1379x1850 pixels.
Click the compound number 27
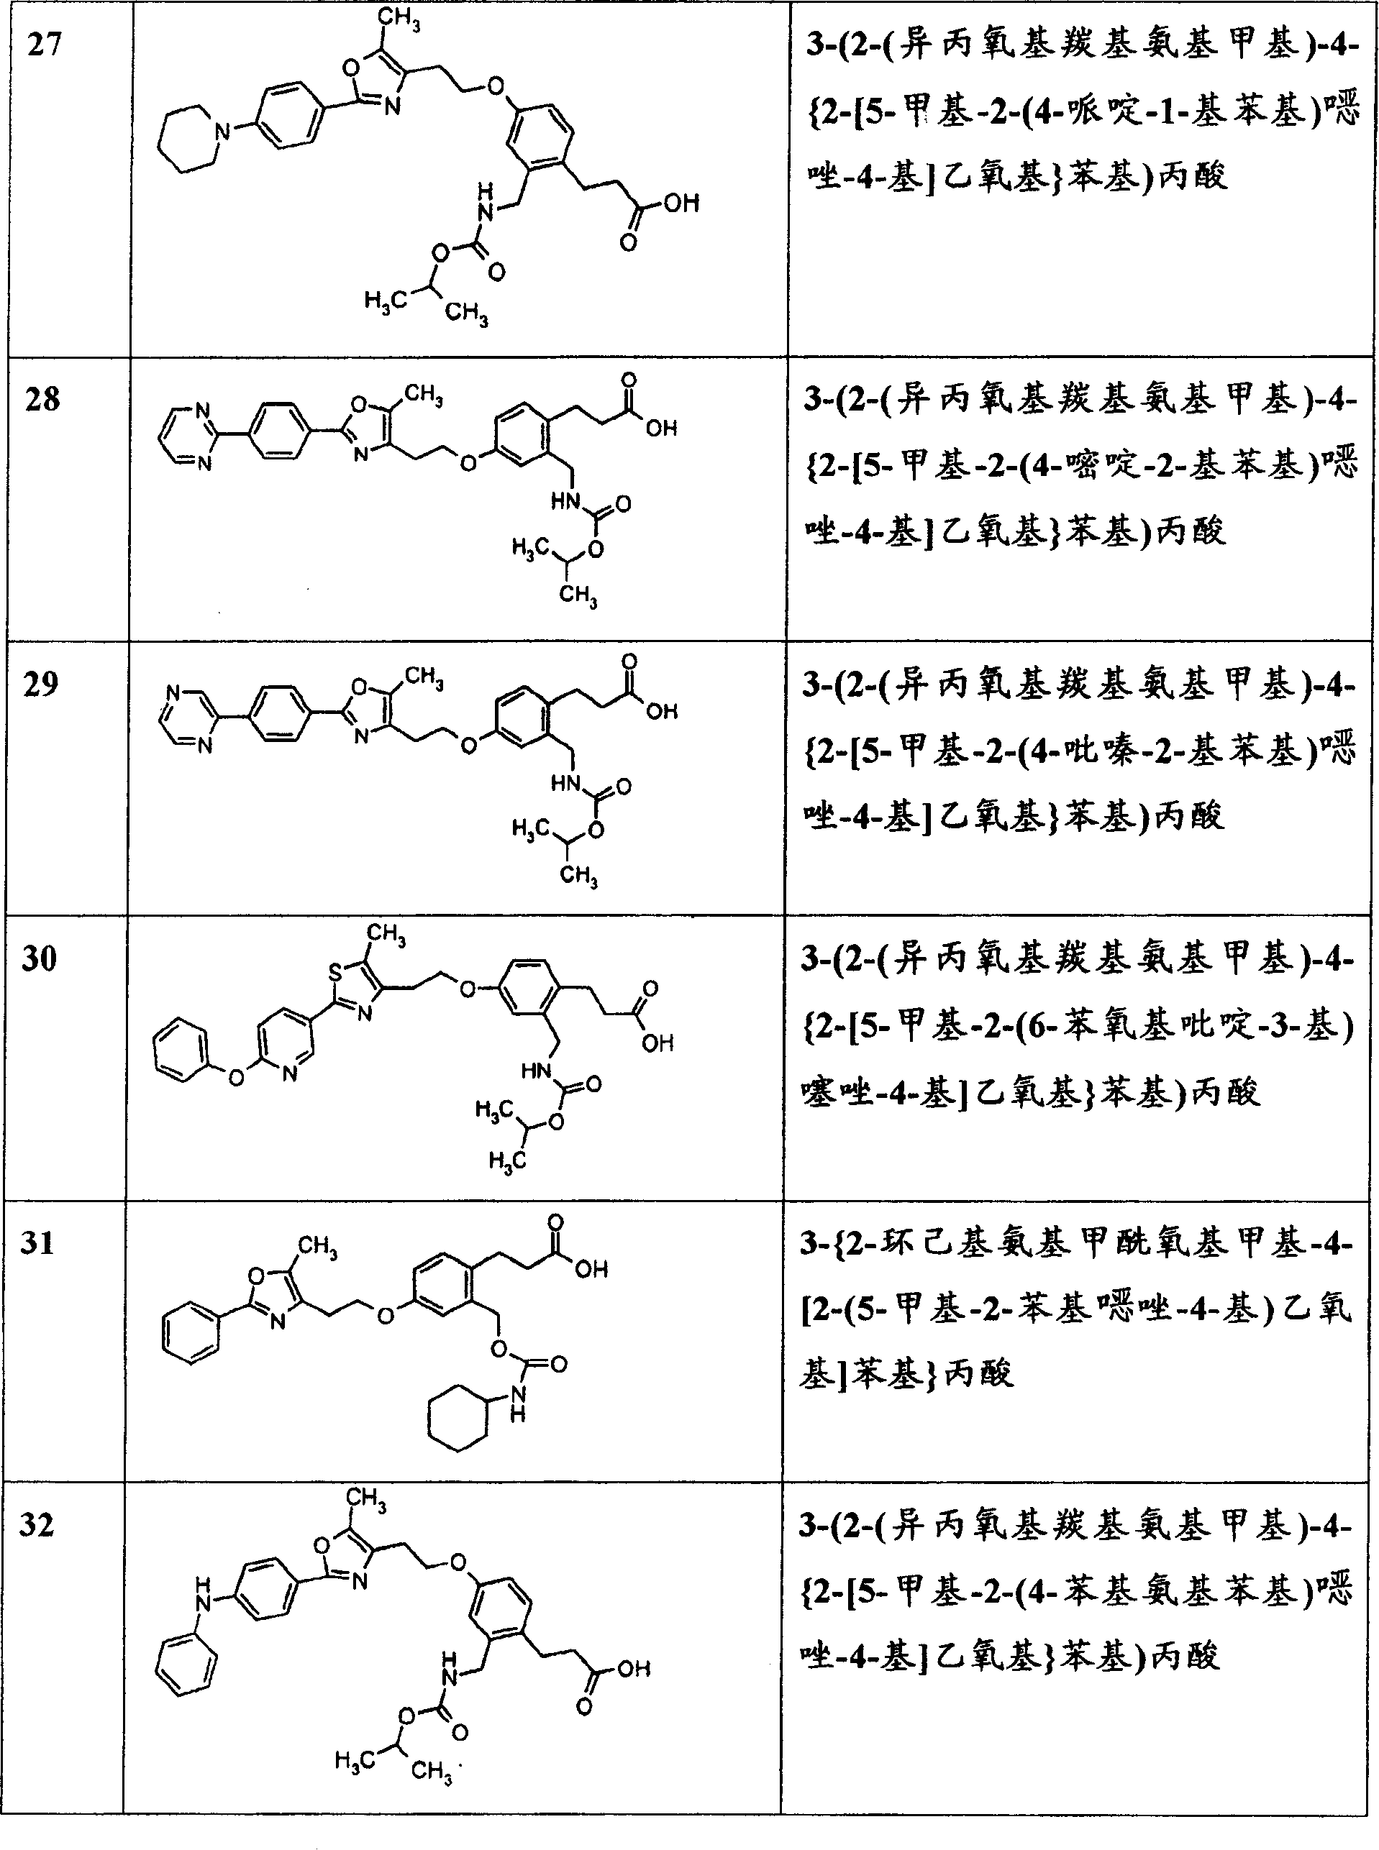click(45, 45)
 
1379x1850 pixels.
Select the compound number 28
click(43, 398)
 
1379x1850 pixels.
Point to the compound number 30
click(40, 958)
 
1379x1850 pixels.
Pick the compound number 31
click(38, 1242)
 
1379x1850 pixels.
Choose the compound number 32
click(37, 1524)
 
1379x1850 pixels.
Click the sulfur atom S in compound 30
click(334, 971)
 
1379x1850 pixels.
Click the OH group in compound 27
click(681, 203)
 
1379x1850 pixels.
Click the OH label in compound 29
click(662, 711)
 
